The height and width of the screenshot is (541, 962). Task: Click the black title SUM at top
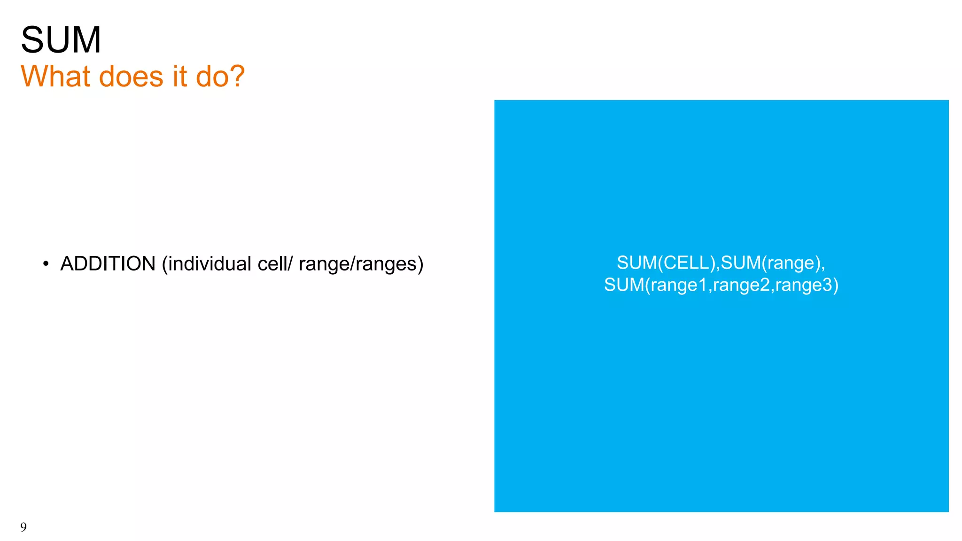pos(61,40)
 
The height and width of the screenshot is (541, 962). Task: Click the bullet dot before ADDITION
pos(46,264)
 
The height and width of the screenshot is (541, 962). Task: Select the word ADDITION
pos(108,264)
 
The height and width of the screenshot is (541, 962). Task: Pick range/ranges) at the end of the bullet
pos(361,264)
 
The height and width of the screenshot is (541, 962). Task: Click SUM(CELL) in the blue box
pos(667,263)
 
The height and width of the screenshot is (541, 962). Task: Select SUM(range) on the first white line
pos(770,263)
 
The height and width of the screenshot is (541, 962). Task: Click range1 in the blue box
pos(679,285)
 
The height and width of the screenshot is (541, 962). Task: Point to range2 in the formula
pos(741,285)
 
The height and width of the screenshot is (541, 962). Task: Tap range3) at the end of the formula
pos(807,285)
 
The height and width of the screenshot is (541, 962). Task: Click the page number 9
pos(23,527)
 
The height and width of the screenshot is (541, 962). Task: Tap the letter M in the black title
pos(86,40)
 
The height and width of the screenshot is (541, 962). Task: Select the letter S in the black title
pos(31,40)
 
